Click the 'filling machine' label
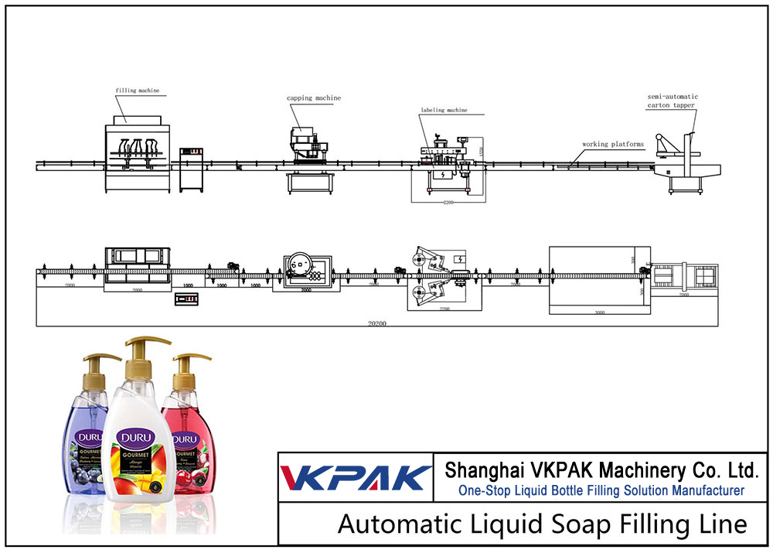tap(138, 90)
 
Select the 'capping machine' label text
tap(314, 98)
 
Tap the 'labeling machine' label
tap(444, 111)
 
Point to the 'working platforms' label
tap(614, 144)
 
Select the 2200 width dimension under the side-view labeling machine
tap(448, 203)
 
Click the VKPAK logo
tap(355, 477)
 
